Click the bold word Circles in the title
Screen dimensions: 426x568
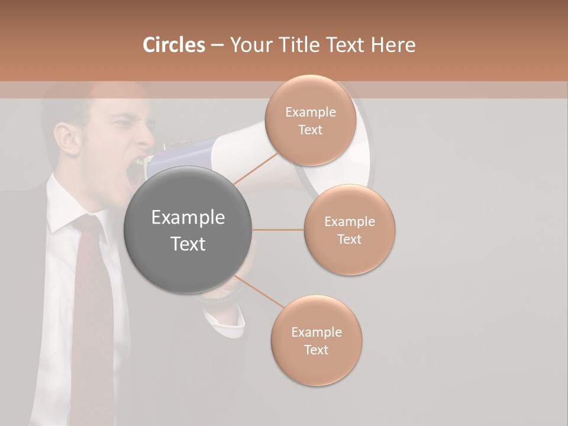point(173,45)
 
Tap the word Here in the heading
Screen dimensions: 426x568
point(393,45)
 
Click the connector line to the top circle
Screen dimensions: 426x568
point(254,169)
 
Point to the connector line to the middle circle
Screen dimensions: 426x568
point(277,230)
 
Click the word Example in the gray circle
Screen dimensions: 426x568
point(188,218)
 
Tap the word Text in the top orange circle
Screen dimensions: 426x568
point(311,130)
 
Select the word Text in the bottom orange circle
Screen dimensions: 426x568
point(317,350)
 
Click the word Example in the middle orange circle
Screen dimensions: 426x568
point(350,222)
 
